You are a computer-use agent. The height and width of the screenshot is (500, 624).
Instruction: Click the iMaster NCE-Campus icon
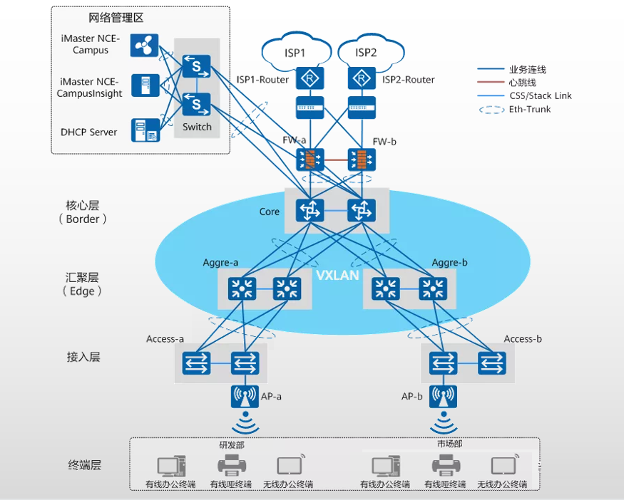point(144,46)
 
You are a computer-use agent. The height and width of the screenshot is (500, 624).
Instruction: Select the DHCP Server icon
point(145,130)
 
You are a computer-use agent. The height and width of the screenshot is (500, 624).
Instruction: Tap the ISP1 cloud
point(296,51)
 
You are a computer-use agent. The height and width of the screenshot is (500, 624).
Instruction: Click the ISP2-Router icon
point(362,78)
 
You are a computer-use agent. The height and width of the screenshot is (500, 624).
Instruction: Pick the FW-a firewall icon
point(310,160)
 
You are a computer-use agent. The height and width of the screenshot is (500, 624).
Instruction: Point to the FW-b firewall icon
point(362,160)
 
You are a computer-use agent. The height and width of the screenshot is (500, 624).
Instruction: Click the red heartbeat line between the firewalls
point(336,160)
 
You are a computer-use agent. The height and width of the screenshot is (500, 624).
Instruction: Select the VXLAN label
point(337,275)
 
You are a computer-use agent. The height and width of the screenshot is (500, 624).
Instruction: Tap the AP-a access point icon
point(245,396)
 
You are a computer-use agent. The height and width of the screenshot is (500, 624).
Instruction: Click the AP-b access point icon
point(443,396)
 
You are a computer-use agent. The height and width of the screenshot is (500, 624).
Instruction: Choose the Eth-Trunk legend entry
point(515,109)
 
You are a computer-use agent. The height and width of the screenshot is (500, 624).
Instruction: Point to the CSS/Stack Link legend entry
point(524,95)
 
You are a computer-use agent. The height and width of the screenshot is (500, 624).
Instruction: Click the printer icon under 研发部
point(232,465)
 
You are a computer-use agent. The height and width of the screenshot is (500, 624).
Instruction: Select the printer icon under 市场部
point(446,465)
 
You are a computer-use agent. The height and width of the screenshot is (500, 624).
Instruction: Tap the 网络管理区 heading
point(116,18)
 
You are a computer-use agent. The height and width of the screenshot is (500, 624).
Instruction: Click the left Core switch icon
point(310,210)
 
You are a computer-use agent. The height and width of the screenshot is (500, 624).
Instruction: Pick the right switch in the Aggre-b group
point(433,288)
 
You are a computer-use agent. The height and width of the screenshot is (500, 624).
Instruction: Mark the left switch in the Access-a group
point(197,363)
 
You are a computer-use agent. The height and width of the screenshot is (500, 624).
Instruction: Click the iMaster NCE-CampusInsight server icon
point(145,85)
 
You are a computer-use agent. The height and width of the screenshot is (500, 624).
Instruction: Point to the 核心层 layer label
point(83,205)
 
